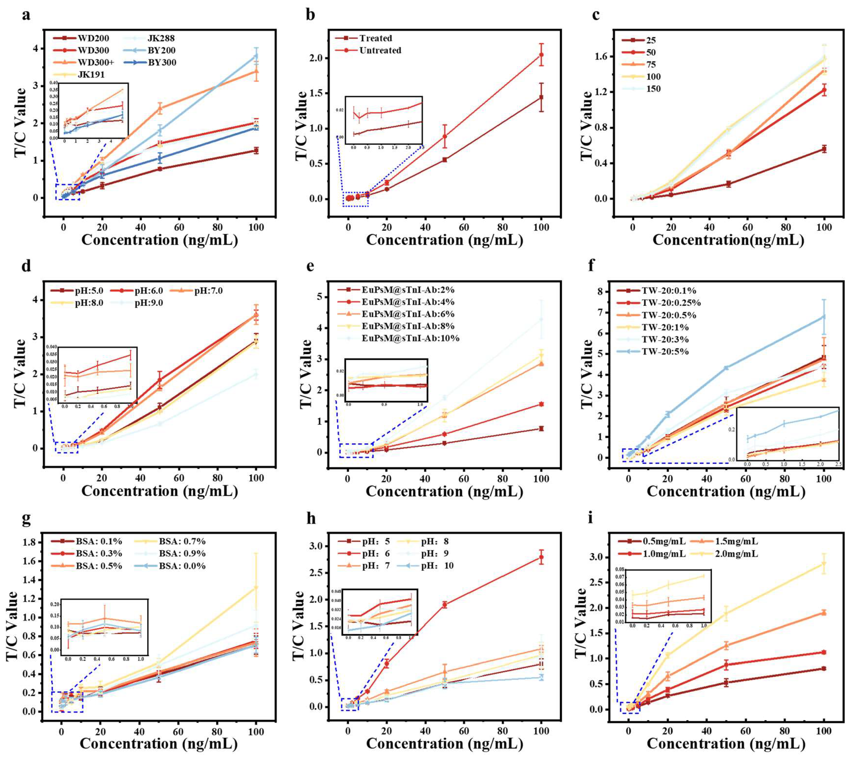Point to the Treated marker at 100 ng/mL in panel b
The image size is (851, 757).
click(541, 97)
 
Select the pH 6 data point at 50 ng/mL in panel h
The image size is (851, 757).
click(445, 605)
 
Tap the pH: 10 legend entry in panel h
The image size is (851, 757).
click(437, 566)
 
